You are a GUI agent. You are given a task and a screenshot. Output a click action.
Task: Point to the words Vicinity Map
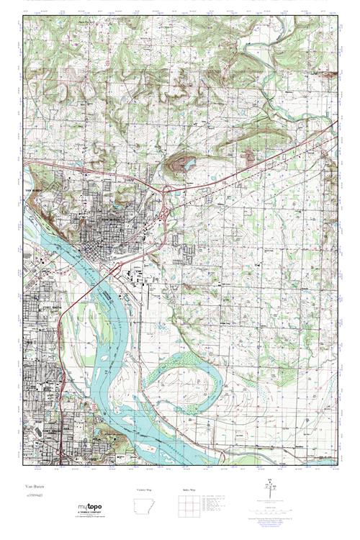click(145, 490)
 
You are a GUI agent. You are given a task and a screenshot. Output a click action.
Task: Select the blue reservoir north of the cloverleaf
click(186, 165)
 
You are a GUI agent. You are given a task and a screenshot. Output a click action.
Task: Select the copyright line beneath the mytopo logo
click(93, 518)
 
